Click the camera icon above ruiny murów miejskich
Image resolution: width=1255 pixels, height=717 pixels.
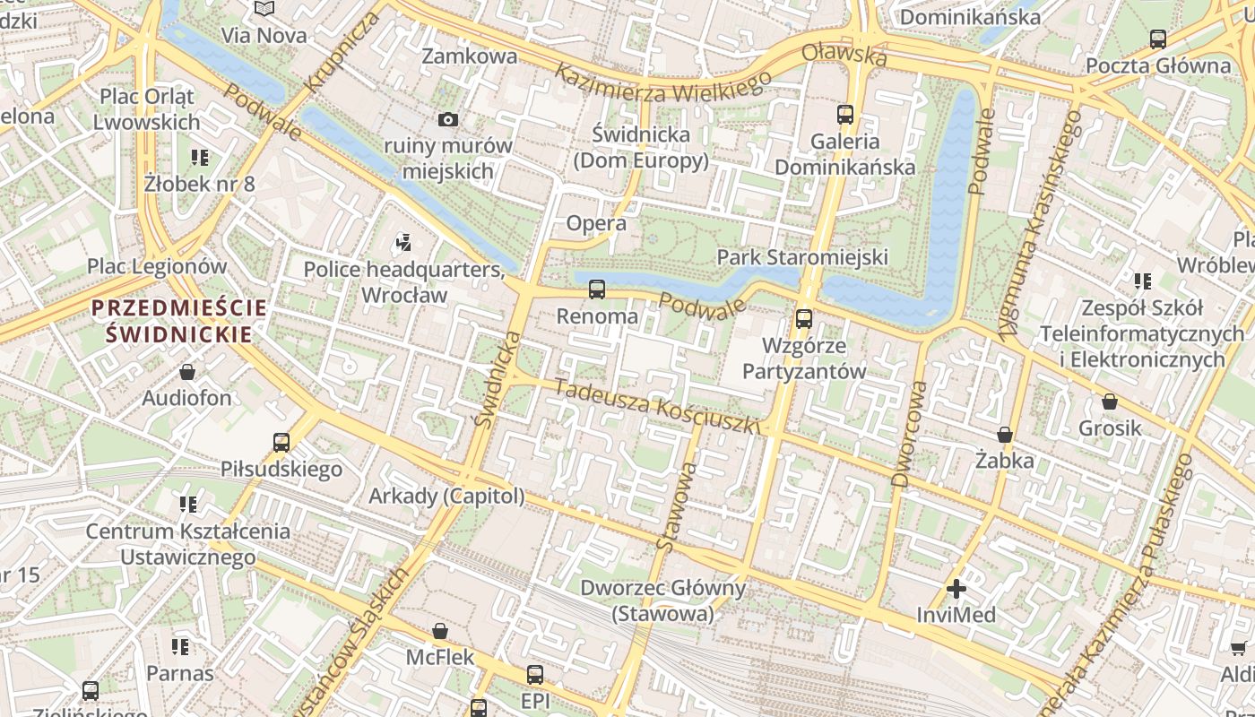(x=447, y=119)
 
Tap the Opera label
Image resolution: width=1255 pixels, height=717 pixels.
(x=596, y=223)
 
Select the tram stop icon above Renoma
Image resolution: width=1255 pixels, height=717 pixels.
(x=597, y=289)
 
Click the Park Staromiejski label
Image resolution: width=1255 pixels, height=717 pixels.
(x=802, y=257)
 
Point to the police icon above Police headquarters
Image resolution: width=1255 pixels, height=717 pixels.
(x=403, y=241)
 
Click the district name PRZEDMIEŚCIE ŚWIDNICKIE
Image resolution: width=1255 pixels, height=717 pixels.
(x=178, y=321)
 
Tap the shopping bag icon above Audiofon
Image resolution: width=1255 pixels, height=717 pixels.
(x=187, y=371)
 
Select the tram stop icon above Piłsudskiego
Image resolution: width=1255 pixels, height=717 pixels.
(x=281, y=442)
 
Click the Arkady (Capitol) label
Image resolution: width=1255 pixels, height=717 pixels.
(x=446, y=496)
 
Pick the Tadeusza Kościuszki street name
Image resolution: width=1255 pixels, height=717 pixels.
(x=657, y=407)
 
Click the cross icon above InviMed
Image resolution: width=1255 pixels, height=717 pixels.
(x=956, y=589)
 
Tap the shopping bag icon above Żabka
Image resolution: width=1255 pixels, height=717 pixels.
(x=1005, y=435)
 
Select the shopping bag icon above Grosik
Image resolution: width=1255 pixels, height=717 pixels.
(x=1110, y=402)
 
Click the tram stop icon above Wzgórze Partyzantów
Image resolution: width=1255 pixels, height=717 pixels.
(x=804, y=318)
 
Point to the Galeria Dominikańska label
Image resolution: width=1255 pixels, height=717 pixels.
(x=844, y=154)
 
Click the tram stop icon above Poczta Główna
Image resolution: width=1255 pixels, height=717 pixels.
(x=1158, y=39)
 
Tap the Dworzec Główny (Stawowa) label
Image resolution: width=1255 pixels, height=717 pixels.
(x=662, y=600)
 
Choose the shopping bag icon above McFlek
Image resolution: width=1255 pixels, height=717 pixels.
(x=440, y=631)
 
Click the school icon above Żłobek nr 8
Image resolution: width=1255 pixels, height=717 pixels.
(x=200, y=158)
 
